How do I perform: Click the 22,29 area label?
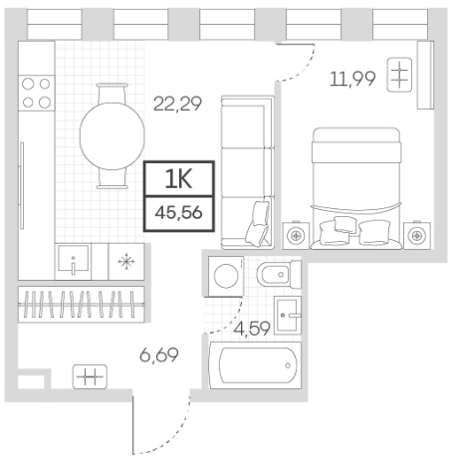point(177,104)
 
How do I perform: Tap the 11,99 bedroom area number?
point(352,79)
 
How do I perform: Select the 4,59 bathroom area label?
point(252,329)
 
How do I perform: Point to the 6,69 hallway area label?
point(159,354)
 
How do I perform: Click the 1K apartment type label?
point(179,179)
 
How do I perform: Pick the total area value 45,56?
point(179,212)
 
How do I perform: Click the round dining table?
point(113,136)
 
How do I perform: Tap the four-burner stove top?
point(36,93)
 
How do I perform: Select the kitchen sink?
point(73,262)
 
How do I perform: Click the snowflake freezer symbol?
point(126,261)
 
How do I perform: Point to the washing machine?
point(226,276)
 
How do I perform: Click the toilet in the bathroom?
point(279,275)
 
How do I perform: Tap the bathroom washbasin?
point(288,315)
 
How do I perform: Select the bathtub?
point(255,365)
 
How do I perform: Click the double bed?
point(356,188)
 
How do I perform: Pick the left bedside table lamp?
point(296,236)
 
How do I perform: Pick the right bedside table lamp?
point(416,236)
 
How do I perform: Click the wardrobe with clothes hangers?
point(82,304)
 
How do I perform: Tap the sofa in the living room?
point(248,172)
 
